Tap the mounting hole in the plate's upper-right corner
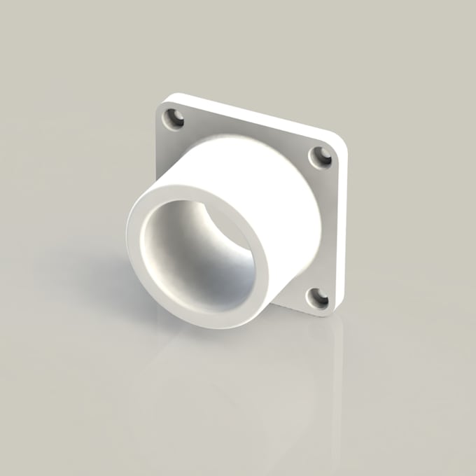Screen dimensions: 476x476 [x=321, y=157]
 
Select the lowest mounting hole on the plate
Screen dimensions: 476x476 [x=318, y=300]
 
